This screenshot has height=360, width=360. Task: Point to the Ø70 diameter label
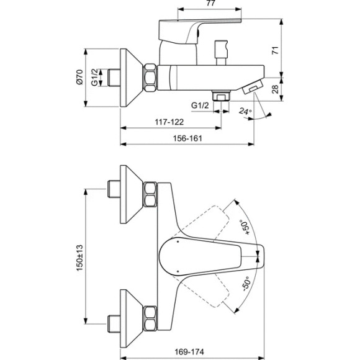(x=79, y=77)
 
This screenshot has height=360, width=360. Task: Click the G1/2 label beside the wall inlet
(x=94, y=77)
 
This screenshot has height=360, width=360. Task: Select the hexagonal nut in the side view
(x=151, y=77)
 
